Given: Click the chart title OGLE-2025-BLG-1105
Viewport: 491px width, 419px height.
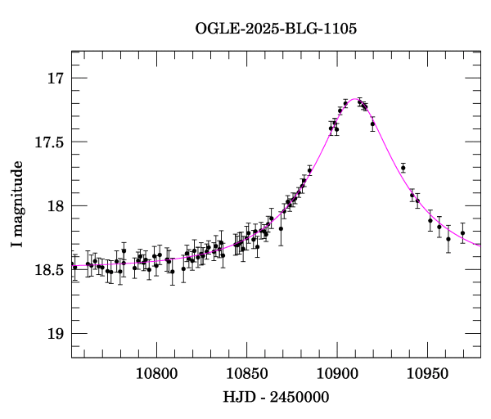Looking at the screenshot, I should coord(276,29).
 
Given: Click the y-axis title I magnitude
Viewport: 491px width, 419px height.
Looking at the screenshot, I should coord(18,205).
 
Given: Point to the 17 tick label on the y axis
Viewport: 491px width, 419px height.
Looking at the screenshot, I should coord(55,79).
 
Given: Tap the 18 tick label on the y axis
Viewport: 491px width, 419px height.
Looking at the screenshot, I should coord(55,206).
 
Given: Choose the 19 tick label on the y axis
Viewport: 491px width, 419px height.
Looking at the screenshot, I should coord(55,333).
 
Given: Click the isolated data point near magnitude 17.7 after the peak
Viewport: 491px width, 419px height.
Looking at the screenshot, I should coord(403,168).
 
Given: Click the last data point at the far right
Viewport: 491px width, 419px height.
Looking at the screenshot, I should coord(462,233).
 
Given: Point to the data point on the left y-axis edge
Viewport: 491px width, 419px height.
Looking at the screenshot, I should coord(73,265).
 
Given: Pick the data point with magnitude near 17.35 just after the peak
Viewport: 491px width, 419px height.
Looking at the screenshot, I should coord(372,124).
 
